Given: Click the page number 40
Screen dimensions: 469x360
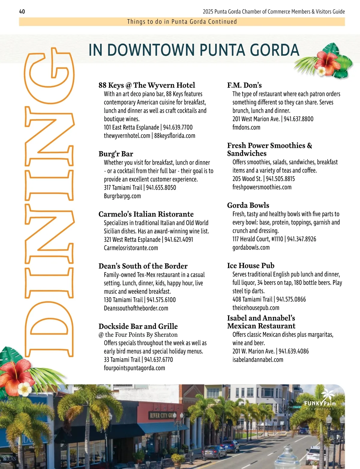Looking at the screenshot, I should coord(22,12).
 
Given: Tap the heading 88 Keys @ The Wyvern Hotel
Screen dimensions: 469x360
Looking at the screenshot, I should coord(147,85).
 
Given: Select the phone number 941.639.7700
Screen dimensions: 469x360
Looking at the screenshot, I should coord(178,127).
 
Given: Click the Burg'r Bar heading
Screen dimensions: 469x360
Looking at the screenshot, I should coord(116,154).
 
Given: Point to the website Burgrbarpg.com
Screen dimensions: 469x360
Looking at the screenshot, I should coord(122,196).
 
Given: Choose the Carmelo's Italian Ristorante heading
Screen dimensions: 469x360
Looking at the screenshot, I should coord(146,214).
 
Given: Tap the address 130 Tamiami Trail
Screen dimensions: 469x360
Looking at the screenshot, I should coord(123,300).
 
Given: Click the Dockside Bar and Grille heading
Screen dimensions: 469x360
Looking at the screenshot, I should coord(138,326).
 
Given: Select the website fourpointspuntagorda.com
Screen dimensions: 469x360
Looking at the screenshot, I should coord(134,368).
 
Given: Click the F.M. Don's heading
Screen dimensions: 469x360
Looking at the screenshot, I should coord(244,85).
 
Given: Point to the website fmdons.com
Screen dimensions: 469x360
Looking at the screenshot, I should coord(246,127).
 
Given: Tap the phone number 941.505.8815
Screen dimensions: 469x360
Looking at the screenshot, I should coord(280,179).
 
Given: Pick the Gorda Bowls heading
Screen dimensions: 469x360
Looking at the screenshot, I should coord(248,205).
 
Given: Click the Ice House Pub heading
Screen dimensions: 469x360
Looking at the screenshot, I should coord(251,266).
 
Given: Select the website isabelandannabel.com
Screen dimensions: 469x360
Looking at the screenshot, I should coord(258,360).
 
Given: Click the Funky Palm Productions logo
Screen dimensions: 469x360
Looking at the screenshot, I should coord(320,401).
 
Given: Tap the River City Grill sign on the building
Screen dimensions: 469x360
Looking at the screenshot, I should coord(162,415).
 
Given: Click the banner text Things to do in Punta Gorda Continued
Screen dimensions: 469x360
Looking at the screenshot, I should coord(182,22).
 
